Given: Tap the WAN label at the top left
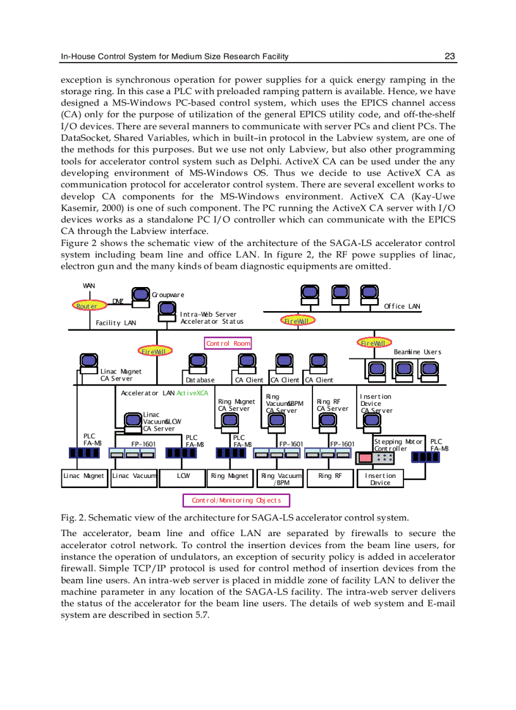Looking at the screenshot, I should pyautogui.click(x=89, y=286).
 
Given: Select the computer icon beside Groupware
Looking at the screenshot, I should pyautogui.click(x=140, y=295).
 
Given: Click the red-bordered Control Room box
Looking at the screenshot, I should pyautogui.click(x=228, y=343).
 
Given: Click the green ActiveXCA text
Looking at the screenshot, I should pyautogui.click(x=192, y=393).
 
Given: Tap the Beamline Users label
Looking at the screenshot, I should pyautogui.click(x=417, y=352).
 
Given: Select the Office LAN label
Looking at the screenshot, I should pyautogui.click(x=402, y=307).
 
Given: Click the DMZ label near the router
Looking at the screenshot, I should pyautogui.click(x=118, y=302).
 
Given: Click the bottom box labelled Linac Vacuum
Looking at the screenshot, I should pyautogui.click(x=134, y=475).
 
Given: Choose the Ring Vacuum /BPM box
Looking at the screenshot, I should pyautogui.click(x=280, y=479).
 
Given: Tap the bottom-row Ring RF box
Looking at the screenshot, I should pyautogui.click(x=329, y=475).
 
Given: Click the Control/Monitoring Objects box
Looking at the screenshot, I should pyautogui.click(x=236, y=501).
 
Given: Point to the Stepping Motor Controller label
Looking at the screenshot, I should pyautogui.click(x=398, y=445).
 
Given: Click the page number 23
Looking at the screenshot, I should pyautogui.click(x=450, y=57).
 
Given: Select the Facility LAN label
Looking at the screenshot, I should pyautogui.click(x=116, y=323).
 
